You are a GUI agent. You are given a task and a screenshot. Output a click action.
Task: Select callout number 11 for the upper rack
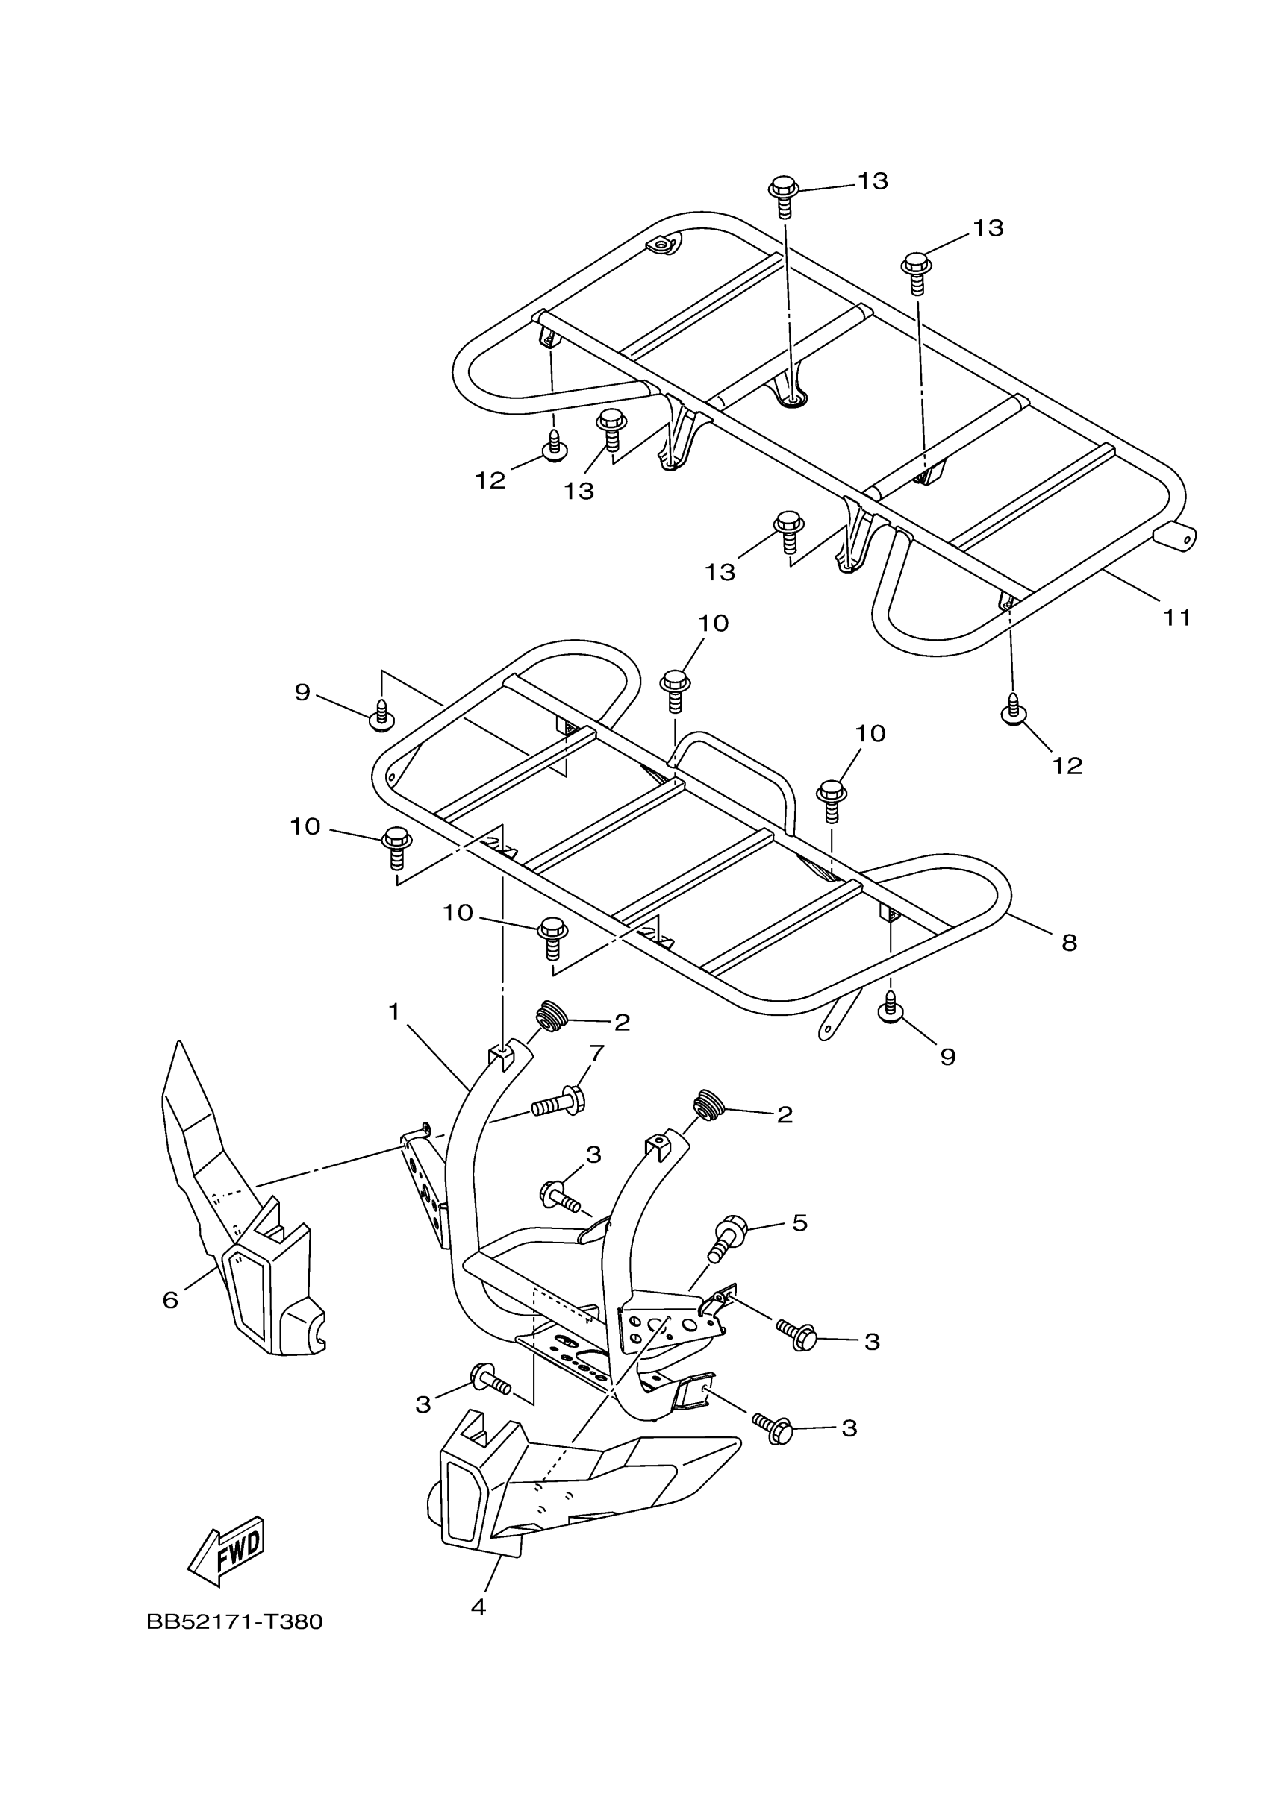tap(1176, 618)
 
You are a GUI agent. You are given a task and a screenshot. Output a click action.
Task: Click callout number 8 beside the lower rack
tap(1069, 943)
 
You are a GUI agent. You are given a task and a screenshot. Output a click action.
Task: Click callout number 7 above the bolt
tap(596, 1053)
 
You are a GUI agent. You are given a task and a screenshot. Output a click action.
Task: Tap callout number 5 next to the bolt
tap(799, 1223)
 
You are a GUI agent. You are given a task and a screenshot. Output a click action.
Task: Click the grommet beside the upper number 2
tap(550, 1019)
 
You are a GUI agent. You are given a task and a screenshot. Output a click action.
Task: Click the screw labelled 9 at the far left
tap(381, 715)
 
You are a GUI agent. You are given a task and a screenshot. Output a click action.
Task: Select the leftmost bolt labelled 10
tap(396, 847)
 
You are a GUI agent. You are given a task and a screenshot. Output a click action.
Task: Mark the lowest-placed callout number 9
tap(947, 1057)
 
